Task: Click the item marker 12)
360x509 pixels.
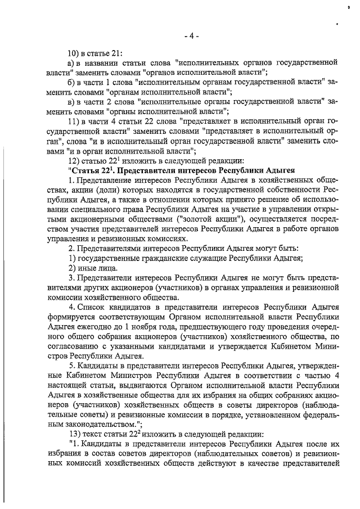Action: (74, 160)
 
